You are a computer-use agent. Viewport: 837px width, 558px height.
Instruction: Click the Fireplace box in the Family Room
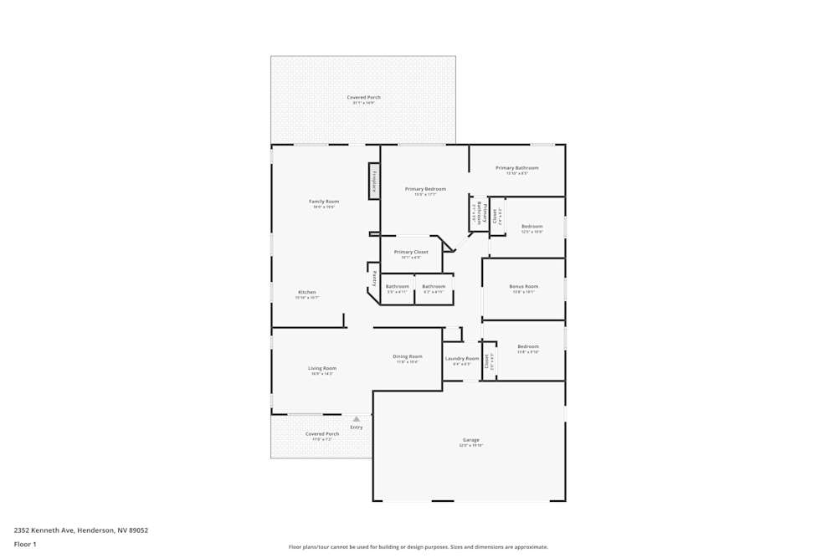coord(374,181)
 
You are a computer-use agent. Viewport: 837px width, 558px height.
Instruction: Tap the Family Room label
coord(324,202)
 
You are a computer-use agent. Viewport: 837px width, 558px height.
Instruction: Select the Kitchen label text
coord(307,292)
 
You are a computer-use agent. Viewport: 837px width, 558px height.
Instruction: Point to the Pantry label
coord(374,278)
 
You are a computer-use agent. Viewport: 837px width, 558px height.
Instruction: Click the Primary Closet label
coord(411,252)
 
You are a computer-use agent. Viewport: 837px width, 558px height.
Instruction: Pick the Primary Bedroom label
coord(425,189)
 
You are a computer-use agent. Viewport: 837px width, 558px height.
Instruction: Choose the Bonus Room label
coord(524,286)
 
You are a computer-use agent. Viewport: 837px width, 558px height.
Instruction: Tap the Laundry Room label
coord(461,359)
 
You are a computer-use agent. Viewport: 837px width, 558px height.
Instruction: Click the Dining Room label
coord(408,356)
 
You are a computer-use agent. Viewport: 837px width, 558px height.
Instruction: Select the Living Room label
coord(322,368)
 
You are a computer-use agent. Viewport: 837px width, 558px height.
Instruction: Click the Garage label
coord(471,440)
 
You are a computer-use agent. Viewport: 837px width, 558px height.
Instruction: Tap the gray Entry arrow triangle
coord(357,419)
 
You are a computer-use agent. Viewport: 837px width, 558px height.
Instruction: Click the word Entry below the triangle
coord(357,427)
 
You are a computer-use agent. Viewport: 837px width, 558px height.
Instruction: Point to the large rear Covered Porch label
coord(363,98)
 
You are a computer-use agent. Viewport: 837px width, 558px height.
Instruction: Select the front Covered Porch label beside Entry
coord(322,434)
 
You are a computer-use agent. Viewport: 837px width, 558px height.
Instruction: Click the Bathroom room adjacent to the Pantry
coord(398,287)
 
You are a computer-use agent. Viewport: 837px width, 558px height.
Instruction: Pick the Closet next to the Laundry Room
coord(487,361)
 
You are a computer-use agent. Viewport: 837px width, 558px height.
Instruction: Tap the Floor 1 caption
coord(25,544)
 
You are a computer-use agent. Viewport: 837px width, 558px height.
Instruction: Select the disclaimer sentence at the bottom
coord(418,547)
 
